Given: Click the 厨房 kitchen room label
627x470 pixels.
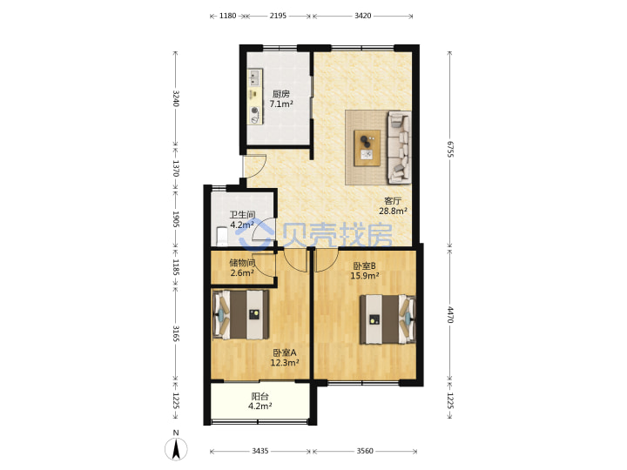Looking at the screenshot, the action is (281, 94).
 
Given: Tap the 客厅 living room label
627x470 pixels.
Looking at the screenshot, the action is (393, 201).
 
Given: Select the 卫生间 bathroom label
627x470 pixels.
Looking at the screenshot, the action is (242, 215).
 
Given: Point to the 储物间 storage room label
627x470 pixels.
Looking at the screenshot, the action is (242, 263).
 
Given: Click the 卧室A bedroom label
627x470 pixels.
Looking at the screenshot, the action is (285, 352).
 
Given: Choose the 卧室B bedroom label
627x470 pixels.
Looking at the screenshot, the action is (364, 265).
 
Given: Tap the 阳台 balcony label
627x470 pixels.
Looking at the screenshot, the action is (260, 397).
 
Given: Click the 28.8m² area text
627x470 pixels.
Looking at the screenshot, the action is (393, 211).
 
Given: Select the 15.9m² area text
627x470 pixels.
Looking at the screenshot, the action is (365, 276).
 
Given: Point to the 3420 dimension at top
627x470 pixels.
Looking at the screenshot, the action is (362, 16).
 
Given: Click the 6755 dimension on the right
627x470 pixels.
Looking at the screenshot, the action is (450, 149).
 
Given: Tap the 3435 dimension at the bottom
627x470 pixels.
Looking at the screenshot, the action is (260, 451).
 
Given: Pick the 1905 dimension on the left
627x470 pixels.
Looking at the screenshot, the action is (176, 219).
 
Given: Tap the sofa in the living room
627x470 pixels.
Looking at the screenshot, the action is (399, 147).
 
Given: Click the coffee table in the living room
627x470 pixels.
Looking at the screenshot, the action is (367, 147).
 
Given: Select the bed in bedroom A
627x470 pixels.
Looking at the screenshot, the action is (240, 315).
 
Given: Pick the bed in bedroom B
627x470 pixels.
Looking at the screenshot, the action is (388, 319).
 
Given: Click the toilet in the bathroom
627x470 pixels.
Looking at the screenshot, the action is (221, 236).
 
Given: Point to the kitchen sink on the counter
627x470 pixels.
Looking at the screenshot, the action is (254, 77).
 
